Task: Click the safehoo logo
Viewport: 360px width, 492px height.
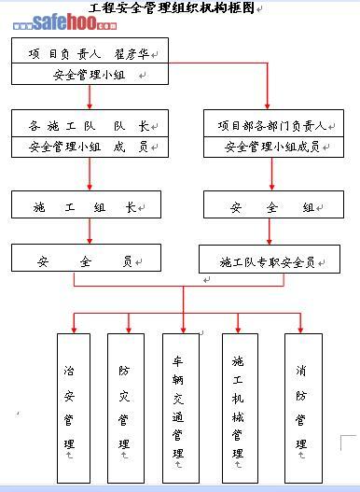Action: point(65,22)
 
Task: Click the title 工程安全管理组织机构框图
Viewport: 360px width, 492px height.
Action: point(172,7)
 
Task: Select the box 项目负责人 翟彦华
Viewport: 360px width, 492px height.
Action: point(90,50)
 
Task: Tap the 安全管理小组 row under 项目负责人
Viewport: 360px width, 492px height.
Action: point(90,74)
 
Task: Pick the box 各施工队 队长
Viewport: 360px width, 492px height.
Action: point(90,123)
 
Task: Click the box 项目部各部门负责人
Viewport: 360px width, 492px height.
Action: point(273,123)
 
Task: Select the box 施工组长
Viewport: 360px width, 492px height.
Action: point(86,204)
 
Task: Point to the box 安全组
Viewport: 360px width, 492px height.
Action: point(273,204)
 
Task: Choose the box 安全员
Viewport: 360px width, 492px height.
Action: point(86,258)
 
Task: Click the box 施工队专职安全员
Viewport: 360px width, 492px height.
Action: point(270,260)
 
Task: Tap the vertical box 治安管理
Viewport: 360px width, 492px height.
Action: point(74,408)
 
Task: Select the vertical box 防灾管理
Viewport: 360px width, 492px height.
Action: point(126,408)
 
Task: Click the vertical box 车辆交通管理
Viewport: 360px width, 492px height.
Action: point(181,408)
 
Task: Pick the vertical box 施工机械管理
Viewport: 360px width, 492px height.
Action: point(241,408)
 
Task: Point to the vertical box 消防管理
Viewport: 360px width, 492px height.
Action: point(303,408)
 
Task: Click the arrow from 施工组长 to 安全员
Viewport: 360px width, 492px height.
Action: point(90,231)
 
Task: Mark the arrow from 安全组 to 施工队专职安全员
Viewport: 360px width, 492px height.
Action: point(269,232)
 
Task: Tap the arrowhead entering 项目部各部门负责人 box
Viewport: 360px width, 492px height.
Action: point(267,106)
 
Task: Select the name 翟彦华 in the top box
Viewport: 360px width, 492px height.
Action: point(132,54)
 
